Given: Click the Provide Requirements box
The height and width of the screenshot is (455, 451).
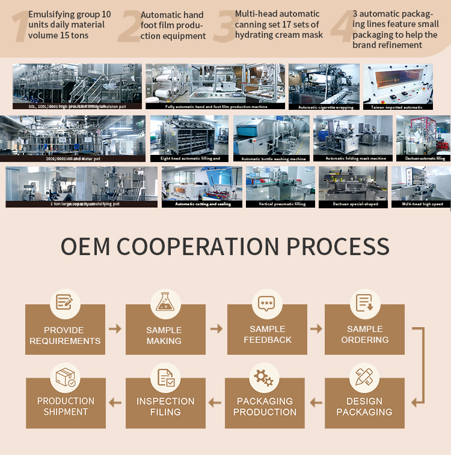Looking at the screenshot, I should coord(65,335).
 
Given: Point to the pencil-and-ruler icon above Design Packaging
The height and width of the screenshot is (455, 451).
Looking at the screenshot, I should coord(364,377).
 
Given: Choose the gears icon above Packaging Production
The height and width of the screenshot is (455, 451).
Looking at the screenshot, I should coord(264,377).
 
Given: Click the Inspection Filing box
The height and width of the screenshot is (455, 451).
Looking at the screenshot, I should coord(165,406).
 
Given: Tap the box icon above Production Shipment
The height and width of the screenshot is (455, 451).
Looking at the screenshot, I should coord(66,377).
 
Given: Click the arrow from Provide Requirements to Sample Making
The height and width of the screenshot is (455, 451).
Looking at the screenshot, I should coord(115,328).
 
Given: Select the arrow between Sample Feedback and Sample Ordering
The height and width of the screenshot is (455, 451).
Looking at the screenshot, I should coord(316,328).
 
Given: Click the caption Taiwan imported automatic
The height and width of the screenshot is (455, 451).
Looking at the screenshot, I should coord(396,107).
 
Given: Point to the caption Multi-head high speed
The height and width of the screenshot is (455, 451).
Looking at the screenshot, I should coord(422,205).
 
